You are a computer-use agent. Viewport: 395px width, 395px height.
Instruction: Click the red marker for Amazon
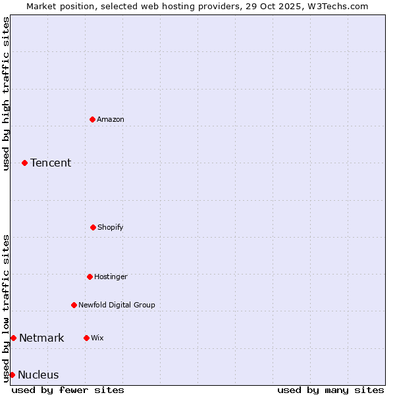pos(92,119)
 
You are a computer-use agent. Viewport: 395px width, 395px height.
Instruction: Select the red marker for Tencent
pos(24,163)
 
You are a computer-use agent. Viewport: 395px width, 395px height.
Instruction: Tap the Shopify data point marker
pos(93,227)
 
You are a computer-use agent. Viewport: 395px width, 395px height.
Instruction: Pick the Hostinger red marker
pos(90,276)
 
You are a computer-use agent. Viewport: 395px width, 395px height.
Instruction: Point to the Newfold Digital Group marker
pos(74,305)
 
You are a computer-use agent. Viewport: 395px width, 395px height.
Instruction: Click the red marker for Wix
pos(86,338)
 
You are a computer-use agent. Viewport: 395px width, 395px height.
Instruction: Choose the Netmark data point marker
pos(13,338)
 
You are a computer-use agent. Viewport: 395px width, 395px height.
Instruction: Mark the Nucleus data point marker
pos(12,375)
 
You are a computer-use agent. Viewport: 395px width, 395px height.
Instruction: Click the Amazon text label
pos(111,119)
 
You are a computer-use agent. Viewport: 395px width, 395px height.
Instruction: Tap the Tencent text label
pos(51,163)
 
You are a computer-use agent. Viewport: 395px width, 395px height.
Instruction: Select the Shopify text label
pos(111,227)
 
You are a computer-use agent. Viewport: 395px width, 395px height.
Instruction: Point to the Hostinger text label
pos(111,276)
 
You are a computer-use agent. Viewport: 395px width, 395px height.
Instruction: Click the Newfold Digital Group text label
pos(117,305)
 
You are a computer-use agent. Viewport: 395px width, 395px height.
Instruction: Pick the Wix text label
pos(97,338)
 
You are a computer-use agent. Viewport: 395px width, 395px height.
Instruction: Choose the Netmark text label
pos(41,338)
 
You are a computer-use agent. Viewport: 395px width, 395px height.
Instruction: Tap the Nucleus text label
pos(38,375)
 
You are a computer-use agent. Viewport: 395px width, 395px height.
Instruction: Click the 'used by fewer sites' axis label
pos(68,390)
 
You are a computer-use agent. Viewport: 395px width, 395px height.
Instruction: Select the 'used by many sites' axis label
pos(330,390)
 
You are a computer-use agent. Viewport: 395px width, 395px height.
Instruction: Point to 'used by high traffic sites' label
pos(6,93)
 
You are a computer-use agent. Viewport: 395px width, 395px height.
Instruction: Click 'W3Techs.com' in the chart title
pos(339,6)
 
